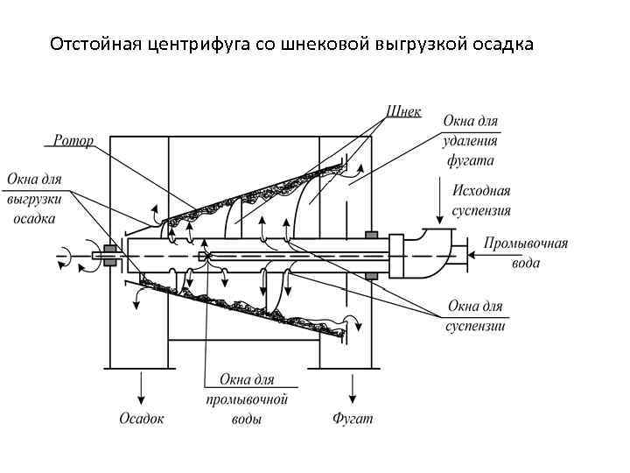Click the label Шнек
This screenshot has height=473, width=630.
pos(403,112)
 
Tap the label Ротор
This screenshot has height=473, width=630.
pos(73,140)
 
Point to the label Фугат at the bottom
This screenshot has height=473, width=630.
pos(353,419)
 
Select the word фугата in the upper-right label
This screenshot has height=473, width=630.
pos(472,160)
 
